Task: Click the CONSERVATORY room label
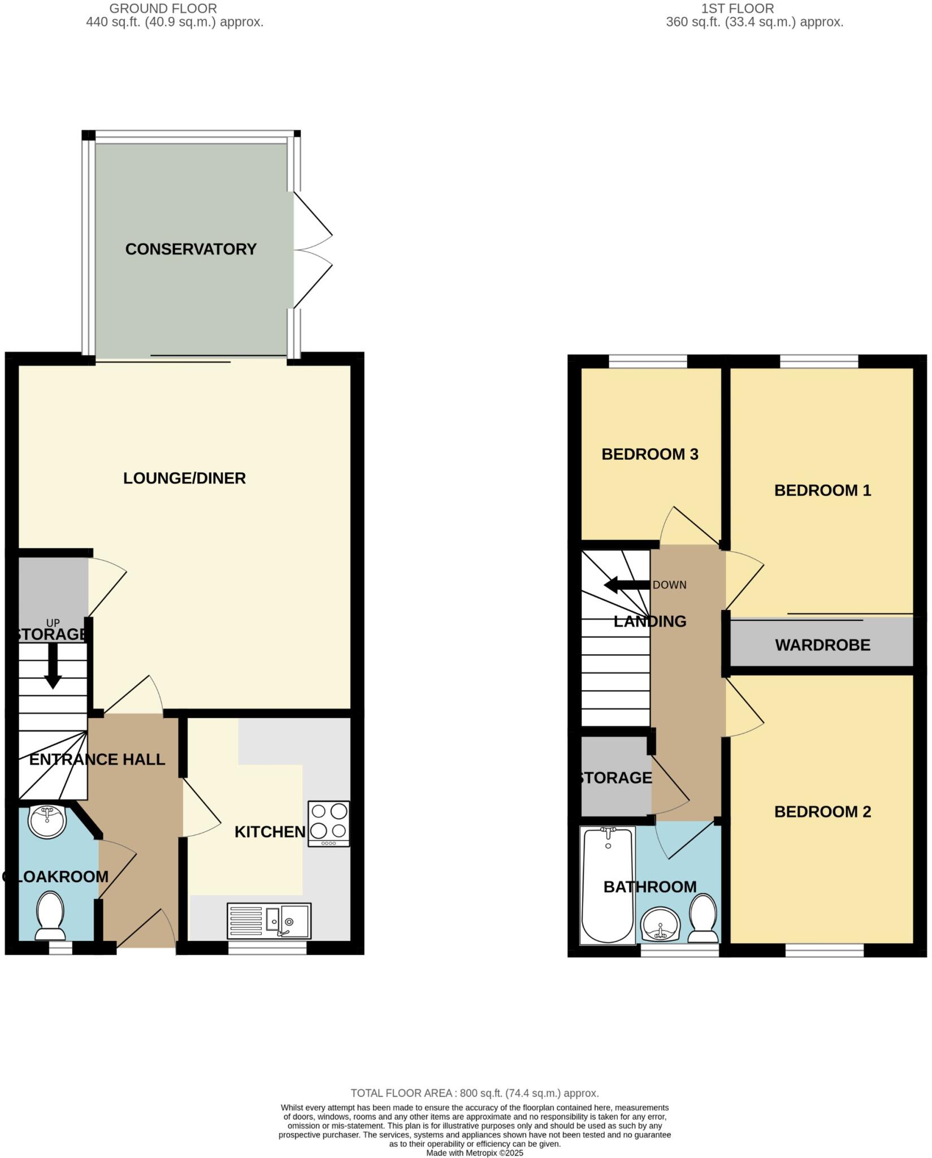click(190, 249)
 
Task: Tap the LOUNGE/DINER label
click(184, 478)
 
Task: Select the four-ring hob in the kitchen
click(328, 823)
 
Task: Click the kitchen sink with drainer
click(269, 920)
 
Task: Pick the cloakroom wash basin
click(47, 820)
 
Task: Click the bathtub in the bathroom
click(608, 885)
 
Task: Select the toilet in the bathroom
click(703, 917)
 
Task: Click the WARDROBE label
click(822, 645)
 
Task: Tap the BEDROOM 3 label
click(649, 455)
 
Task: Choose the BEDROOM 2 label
click(822, 812)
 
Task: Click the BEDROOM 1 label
click(822, 490)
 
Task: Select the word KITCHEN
click(270, 832)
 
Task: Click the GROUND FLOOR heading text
click(163, 8)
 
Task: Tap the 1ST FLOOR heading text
click(738, 8)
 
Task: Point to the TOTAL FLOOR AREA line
click(474, 1093)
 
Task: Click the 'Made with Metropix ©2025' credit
click(475, 1153)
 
